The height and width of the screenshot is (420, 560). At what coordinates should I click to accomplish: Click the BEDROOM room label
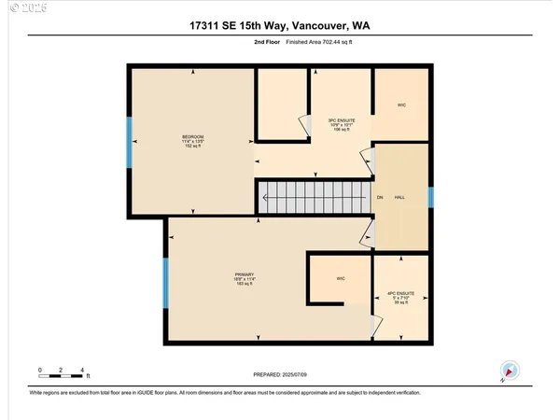(x=192, y=140)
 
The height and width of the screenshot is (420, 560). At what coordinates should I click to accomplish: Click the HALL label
(x=399, y=198)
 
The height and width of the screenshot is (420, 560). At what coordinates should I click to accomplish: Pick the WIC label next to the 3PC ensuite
(x=401, y=105)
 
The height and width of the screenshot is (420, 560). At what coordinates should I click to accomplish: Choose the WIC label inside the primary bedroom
(x=341, y=278)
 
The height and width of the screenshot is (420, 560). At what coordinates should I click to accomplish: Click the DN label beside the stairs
(x=380, y=198)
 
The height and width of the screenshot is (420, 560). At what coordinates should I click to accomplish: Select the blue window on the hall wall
(x=430, y=197)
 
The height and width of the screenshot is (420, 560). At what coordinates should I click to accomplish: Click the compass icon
(x=508, y=370)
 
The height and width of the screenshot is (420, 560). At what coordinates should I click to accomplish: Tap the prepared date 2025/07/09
(x=280, y=374)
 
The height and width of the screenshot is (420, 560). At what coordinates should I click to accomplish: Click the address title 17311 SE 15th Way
(x=279, y=27)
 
